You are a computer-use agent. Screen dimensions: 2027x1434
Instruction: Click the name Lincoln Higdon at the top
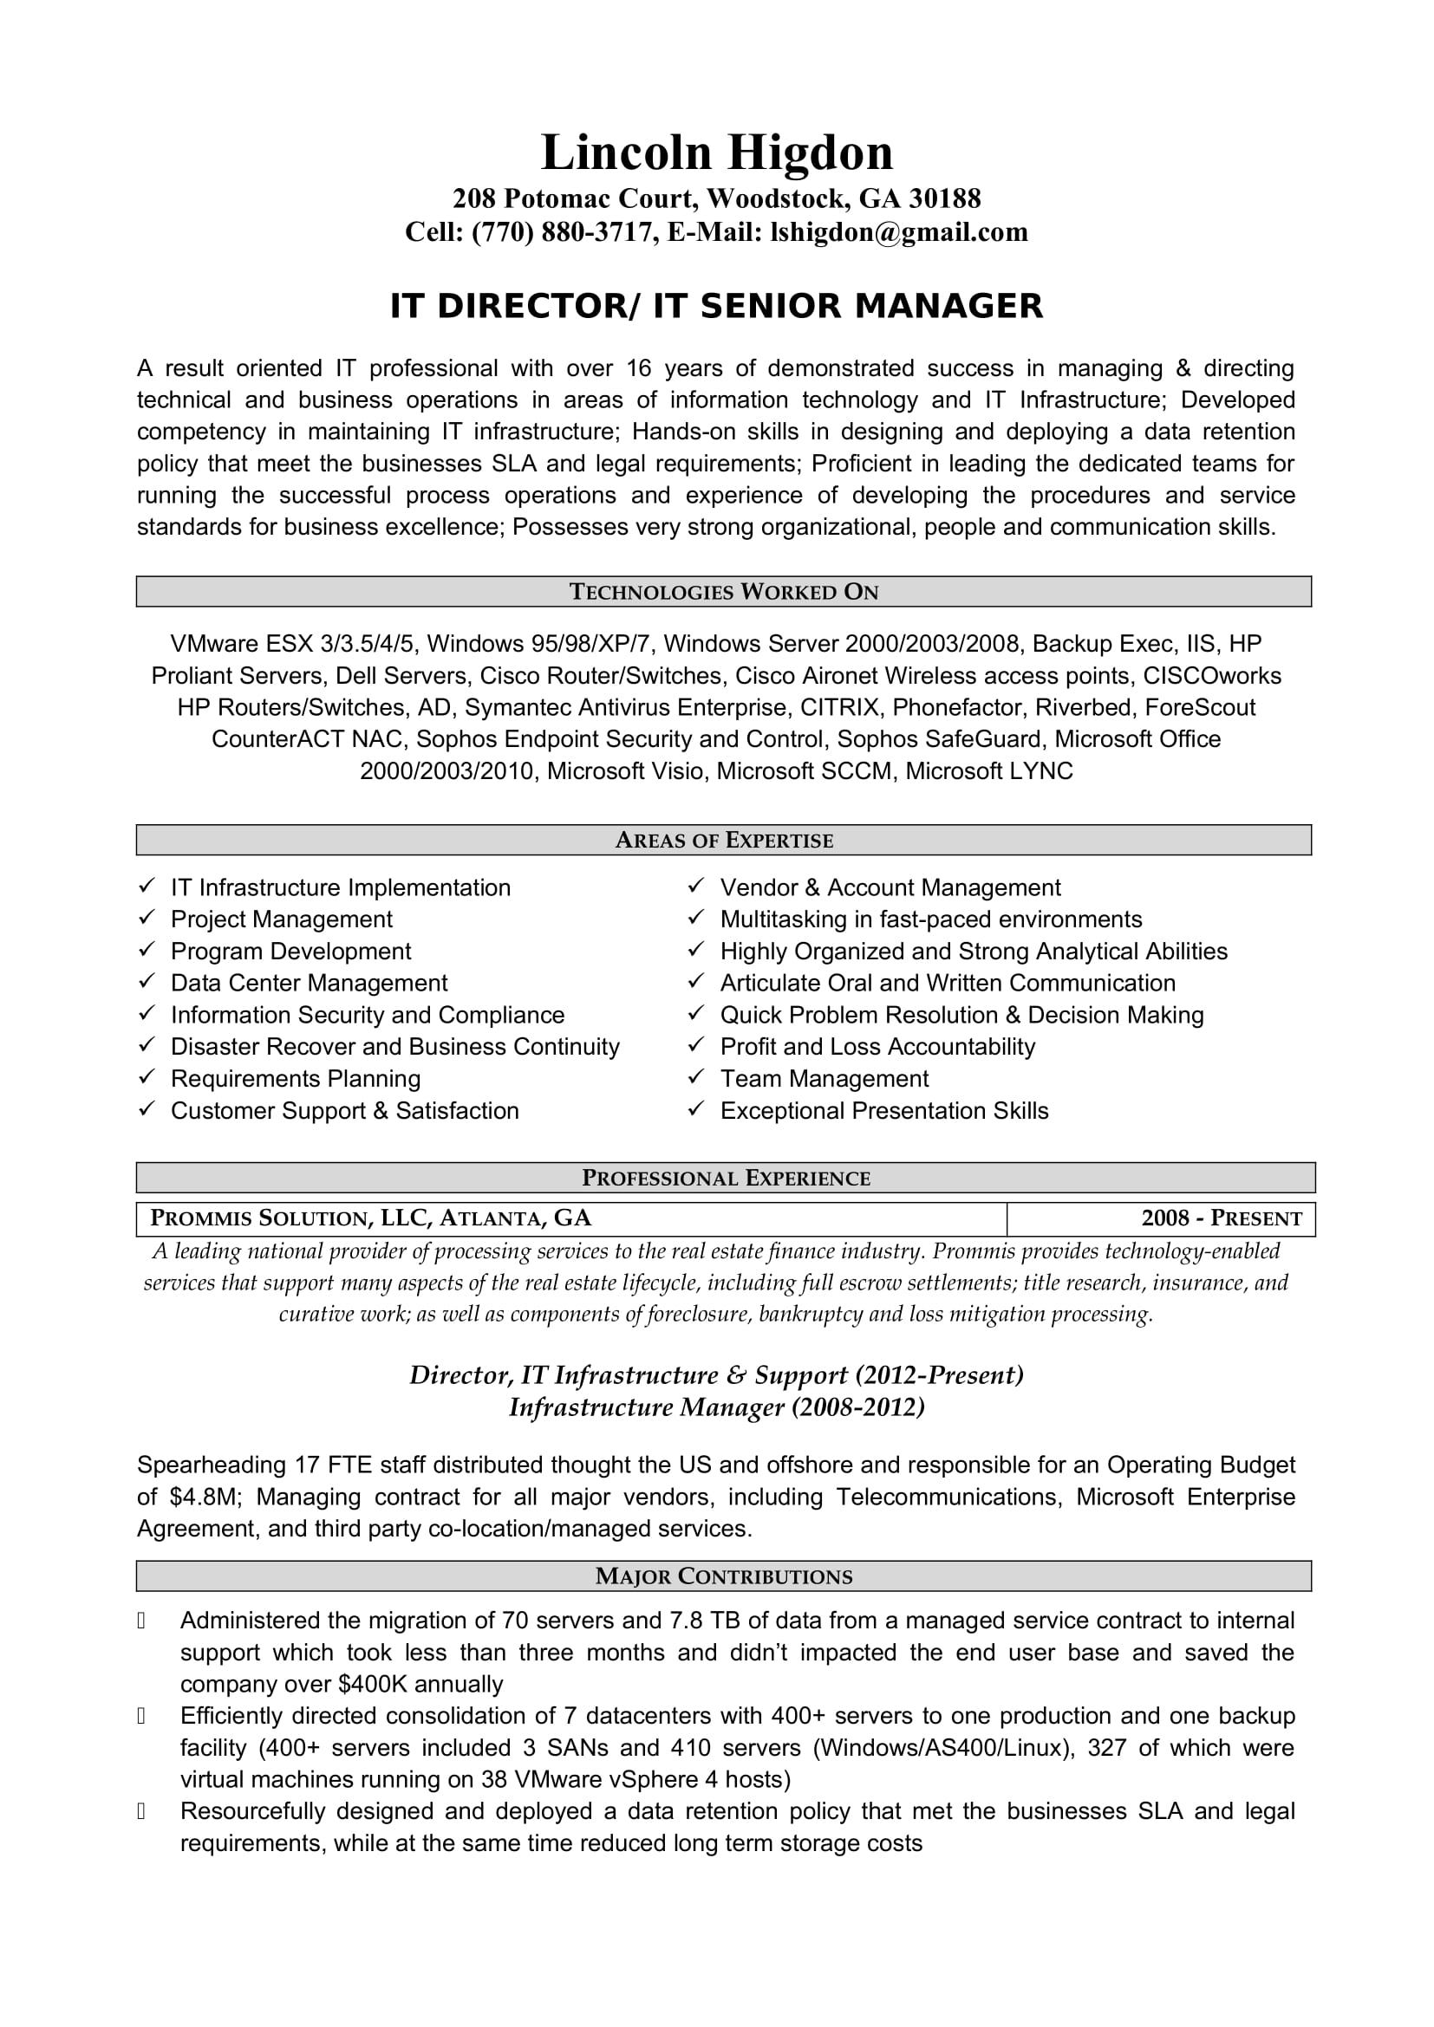[x=716, y=153]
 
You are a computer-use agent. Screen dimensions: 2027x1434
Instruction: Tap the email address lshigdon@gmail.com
[x=899, y=232]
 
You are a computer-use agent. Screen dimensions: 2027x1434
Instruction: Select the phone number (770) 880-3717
[x=564, y=232]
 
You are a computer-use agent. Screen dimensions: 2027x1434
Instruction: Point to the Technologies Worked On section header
[x=723, y=592]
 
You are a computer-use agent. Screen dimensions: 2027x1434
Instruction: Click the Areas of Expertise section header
[x=723, y=841]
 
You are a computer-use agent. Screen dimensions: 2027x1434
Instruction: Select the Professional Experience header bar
[x=725, y=1178]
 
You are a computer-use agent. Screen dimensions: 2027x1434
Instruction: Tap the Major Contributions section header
[x=723, y=1575]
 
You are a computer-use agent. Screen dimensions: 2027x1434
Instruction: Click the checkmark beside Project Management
[x=147, y=918]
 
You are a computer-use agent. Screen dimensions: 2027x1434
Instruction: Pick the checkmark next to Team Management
[x=697, y=1077]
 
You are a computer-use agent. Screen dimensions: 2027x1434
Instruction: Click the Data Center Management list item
[x=309, y=983]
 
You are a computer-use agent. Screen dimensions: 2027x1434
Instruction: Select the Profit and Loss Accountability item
[x=877, y=1046]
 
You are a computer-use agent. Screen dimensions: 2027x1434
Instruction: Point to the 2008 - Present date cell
[x=1222, y=1218]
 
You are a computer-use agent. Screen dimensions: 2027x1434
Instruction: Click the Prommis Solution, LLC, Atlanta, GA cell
[x=371, y=1218]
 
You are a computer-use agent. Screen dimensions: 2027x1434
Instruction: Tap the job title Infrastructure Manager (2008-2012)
[x=716, y=1407]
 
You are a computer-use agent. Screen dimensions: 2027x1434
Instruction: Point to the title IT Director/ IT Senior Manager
[x=716, y=305]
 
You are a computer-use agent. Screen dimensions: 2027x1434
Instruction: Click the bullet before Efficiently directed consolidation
[x=141, y=1716]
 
